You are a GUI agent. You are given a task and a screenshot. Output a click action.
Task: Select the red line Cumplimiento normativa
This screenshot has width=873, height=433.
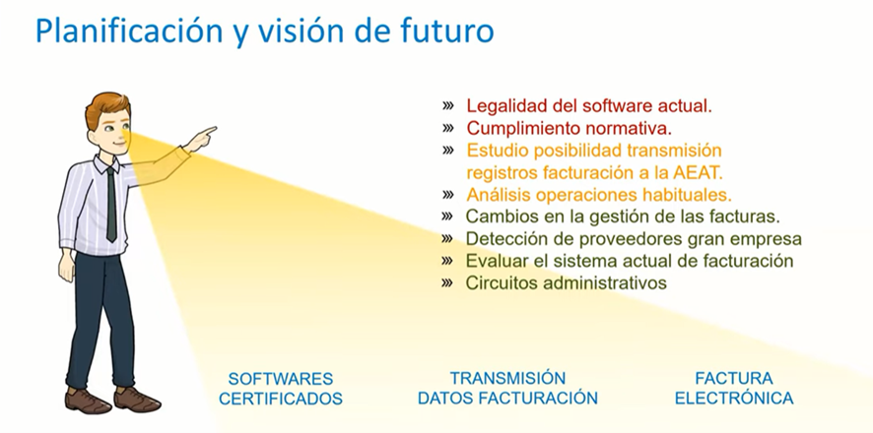(569, 128)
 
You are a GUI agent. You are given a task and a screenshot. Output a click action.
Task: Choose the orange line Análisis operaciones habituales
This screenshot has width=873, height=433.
(599, 195)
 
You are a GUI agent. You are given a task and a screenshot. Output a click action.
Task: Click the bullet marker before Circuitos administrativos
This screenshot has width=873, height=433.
(447, 282)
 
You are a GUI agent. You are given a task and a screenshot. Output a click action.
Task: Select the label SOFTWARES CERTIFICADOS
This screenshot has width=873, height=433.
(281, 389)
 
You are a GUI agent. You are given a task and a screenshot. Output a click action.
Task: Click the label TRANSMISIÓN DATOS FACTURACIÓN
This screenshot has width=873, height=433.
(507, 388)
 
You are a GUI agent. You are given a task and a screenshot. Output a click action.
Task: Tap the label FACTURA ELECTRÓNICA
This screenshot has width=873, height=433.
(734, 388)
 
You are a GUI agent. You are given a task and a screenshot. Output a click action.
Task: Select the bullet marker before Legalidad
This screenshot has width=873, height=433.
(447, 105)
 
